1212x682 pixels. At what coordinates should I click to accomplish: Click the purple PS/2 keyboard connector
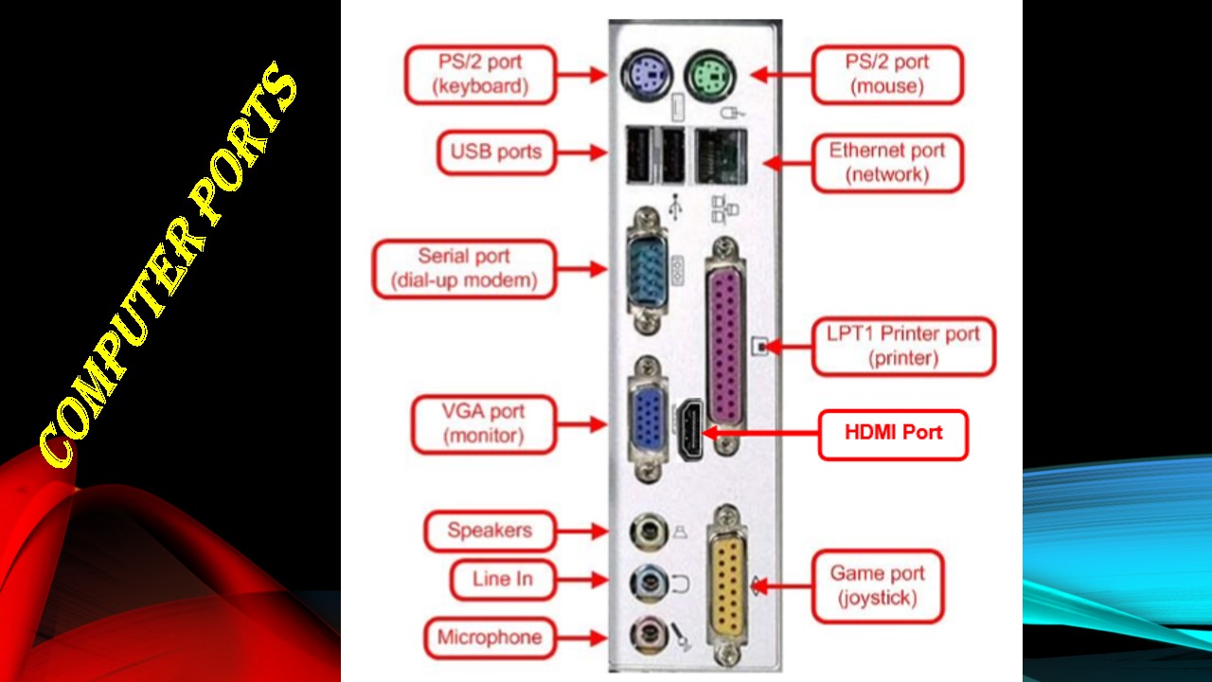tap(646, 75)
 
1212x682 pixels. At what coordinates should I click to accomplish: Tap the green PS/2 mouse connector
tap(709, 75)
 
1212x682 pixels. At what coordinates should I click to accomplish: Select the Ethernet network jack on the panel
tap(721, 156)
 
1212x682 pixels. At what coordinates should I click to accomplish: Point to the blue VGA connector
tap(649, 419)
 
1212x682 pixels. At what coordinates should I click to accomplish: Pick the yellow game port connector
tap(728, 585)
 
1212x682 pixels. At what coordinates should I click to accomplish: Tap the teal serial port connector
tap(647, 270)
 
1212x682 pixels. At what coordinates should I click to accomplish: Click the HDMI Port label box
tap(893, 435)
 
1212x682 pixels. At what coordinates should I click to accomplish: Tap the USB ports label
tap(496, 153)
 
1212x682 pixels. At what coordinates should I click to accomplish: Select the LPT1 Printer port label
tap(903, 346)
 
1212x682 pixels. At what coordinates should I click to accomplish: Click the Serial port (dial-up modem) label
tap(464, 268)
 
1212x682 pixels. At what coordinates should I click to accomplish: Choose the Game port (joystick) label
tap(878, 585)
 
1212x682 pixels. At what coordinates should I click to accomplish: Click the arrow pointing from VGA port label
tap(581, 424)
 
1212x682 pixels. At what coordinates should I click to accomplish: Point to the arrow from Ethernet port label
tap(788, 162)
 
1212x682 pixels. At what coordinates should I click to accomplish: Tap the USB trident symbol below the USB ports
tap(675, 207)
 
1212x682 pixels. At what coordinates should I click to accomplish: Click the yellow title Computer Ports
tap(168, 265)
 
